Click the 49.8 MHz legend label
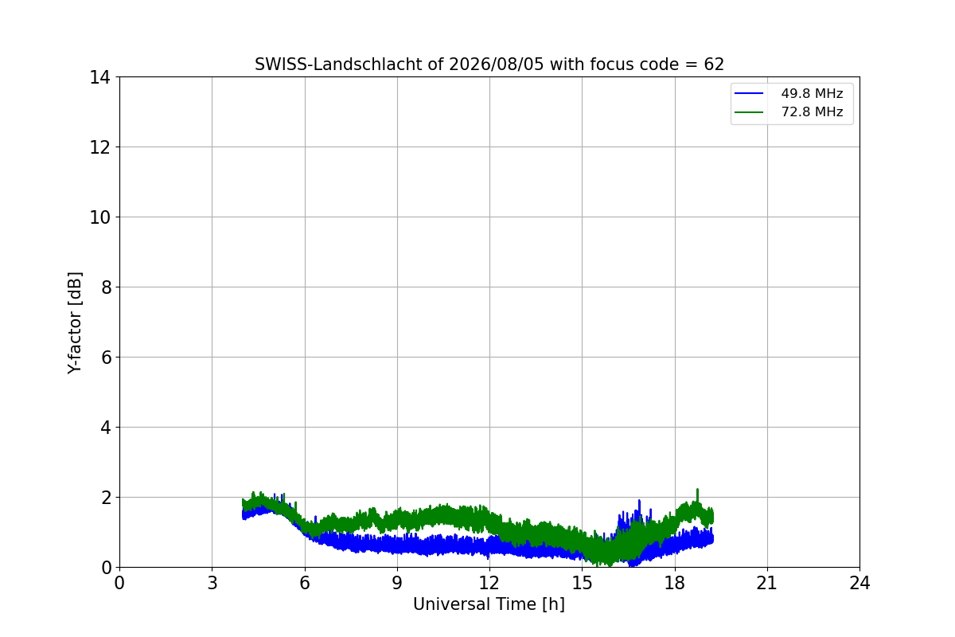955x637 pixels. coord(812,93)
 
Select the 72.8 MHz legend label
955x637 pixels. coord(812,111)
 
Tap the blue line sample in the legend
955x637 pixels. coord(749,93)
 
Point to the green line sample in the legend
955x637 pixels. coord(749,112)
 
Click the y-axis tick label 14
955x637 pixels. coord(99,78)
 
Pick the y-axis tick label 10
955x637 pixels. coord(99,217)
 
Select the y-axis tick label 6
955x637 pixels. coord(106,358)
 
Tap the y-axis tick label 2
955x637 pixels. coord(106,498)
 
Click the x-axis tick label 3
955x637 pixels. coord(212,583)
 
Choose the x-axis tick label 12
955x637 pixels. coord(489,583)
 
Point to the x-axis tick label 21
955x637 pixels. coord(767,583)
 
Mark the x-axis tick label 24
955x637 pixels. coord(859,583)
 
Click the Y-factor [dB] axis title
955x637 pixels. coord(75,323)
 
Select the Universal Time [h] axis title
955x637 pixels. coord(489,604)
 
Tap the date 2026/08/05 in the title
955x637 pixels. coord(497,64)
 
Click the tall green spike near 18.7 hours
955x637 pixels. coord(697,495)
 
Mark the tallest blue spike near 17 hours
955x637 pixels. coord(639,506)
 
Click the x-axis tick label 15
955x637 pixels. coord(582,583)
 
